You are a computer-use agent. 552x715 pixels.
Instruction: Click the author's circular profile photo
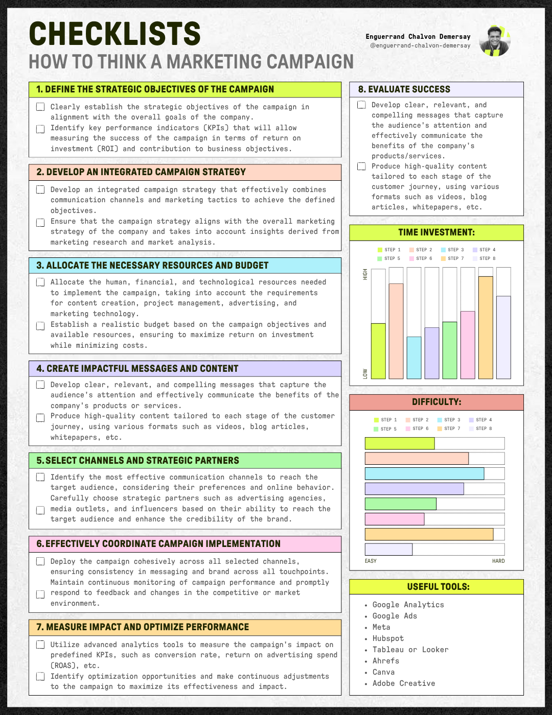click(495, 41)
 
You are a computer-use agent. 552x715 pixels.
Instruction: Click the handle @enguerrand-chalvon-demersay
click(420, 45)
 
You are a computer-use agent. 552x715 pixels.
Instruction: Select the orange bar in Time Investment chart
click(486, 327)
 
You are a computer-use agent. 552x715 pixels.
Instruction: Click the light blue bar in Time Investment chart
click(414, 357)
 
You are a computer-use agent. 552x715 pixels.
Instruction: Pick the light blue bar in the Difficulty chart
click(424, 473)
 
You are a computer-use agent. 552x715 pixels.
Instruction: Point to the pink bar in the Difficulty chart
click(395, 519)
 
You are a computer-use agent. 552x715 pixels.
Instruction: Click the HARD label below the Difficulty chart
click(498, 561)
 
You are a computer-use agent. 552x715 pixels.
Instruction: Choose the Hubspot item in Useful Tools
click(388, 638)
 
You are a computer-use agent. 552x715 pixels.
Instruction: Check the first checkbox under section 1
click(40, 107)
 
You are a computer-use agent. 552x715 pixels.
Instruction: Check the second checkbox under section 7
click(40, 677)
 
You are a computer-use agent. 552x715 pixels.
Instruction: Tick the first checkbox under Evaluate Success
click(362, 105)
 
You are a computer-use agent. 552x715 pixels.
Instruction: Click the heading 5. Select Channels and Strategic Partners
click(138, 461)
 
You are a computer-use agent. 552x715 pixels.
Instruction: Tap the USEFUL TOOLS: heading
click(438, 587)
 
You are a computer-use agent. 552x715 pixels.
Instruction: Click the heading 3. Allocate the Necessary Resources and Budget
click(152, 266)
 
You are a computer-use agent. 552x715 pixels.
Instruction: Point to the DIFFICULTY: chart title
click(436, 402)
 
